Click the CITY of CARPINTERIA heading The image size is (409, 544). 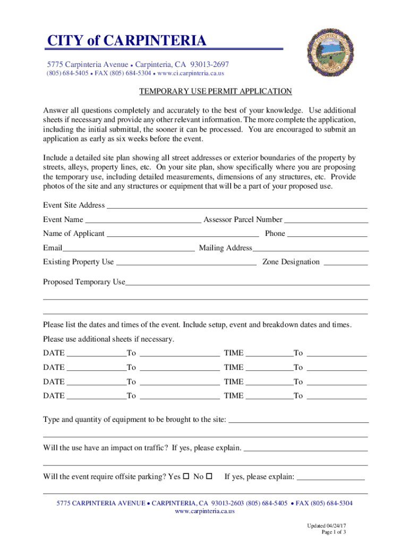point(125,41)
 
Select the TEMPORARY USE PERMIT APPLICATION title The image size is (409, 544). point(215,91)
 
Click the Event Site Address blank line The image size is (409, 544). point(237,205)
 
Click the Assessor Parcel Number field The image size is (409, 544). point(326,219)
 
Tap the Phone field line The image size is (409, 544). point(327,234)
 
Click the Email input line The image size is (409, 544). point(129,248)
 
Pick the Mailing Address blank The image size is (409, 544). point(311,248)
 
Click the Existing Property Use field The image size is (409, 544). point(186,262)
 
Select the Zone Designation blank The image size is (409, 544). point(345,262)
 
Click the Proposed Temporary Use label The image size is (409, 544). point(84,282)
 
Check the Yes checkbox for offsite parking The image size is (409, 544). point(186,476)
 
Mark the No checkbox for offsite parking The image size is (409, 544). point(209,476)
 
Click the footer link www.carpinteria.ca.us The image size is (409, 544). point(204,511)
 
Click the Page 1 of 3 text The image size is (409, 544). point(334,532)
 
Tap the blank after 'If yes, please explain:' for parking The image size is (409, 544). point(331,477)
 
